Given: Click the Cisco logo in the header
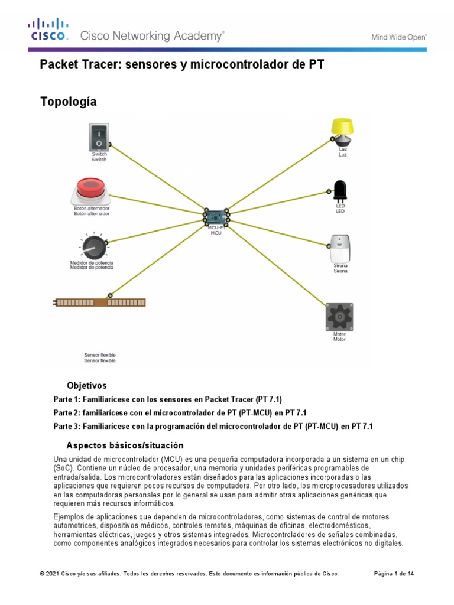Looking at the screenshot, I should click(48, 29).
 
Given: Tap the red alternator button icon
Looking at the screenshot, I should click(91, 190).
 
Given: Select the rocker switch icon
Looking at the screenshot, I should click(99, 136).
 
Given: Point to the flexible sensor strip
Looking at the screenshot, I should click(100, 302).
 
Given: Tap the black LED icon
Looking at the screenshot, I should click(340, 190).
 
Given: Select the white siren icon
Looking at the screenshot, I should click(340, 247).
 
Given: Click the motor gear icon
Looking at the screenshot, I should click(339, 317).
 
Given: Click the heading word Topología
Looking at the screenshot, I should click(68, 102).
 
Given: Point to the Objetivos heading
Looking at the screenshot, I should click(87, 385).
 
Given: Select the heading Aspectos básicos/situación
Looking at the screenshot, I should click(125, 445).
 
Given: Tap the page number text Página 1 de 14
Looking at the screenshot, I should click(394, 574).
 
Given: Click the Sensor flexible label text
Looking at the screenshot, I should click(100, 357).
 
